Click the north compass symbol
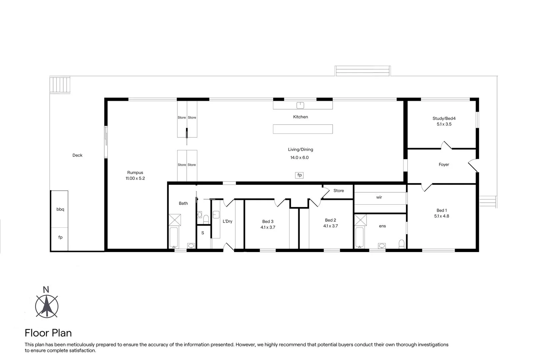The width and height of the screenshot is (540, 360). (47, 306)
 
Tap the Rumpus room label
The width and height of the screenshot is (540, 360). (135, 173)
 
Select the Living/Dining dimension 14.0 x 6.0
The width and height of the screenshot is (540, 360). (299, 158)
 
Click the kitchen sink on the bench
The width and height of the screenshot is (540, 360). (300, 105)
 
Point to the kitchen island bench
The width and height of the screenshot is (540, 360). (303, 129)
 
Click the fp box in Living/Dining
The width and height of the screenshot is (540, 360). (299, 175)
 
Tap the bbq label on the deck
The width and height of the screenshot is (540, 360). (60, 209)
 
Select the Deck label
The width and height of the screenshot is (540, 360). (77, 155)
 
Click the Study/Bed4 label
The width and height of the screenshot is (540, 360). (444, 118)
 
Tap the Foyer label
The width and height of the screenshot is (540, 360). (444, 165)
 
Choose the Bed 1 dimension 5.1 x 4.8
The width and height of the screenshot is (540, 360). (442, 216)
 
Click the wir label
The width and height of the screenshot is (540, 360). (379, 197)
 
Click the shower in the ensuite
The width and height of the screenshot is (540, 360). (360, 220)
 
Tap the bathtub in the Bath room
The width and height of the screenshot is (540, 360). (174, 237)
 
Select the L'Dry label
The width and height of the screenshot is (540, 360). (227, 221)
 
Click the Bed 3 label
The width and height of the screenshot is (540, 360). (268, 222)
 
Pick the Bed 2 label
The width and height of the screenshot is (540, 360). (330, 220)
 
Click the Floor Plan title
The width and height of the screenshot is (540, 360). (48, 333)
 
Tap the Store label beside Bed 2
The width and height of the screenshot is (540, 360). (339, 191)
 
